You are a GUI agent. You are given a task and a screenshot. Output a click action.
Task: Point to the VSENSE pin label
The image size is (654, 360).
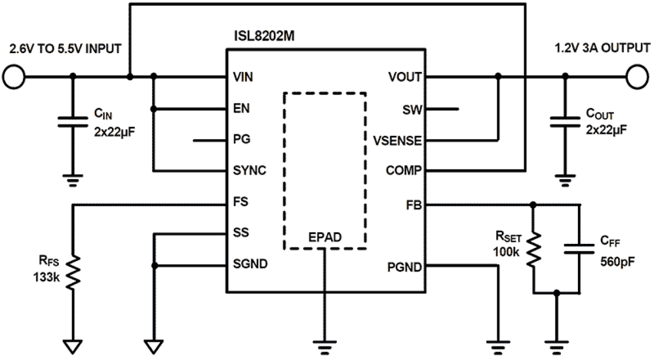click(x=397, y=141)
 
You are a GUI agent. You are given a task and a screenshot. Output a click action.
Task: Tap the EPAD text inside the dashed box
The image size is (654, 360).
click(x=324, y=238)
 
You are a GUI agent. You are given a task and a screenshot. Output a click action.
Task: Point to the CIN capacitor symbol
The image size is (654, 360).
click(x=73, y=121)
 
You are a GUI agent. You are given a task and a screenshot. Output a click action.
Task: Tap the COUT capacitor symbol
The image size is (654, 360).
click(x=566, y=121)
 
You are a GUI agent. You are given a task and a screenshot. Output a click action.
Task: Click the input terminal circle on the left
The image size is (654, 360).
click(x=13, y=77)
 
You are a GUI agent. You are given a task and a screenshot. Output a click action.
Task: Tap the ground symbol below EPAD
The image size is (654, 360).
click(x=324, y=344)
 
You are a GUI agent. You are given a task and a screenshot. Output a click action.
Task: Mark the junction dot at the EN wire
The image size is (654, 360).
click(x=154, y=109)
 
